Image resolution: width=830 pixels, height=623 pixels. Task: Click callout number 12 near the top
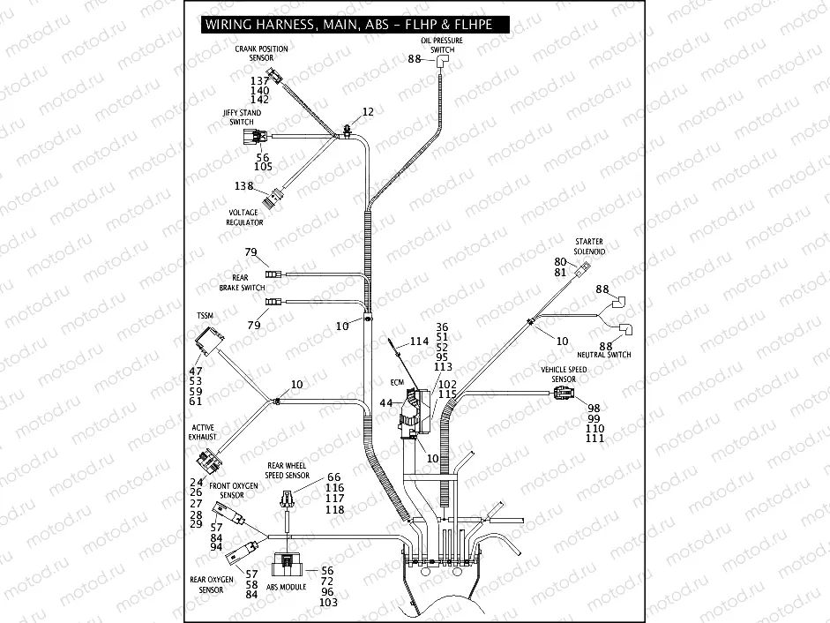pos(368,112)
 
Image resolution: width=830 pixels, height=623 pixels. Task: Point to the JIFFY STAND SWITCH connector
pos(258,137)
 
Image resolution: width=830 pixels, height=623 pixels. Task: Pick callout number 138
pos(243,186)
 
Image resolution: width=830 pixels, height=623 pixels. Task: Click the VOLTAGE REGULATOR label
pos(244,218)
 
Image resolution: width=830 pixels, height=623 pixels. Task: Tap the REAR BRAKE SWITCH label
pos(242,283)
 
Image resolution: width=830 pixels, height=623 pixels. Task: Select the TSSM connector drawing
pos(211,341)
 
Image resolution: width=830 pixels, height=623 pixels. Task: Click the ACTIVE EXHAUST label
pos(203,432)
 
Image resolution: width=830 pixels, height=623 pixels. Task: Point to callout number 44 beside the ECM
pos(385,402)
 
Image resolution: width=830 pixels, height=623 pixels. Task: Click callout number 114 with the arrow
pos(418,341)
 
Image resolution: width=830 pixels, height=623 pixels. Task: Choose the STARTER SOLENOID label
pos(588,246)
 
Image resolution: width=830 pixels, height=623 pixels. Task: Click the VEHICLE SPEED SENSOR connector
pos(561,394)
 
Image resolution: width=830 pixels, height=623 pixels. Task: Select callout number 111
pos(594,439)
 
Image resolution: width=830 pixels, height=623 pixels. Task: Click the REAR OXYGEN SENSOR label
pos(211,584)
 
